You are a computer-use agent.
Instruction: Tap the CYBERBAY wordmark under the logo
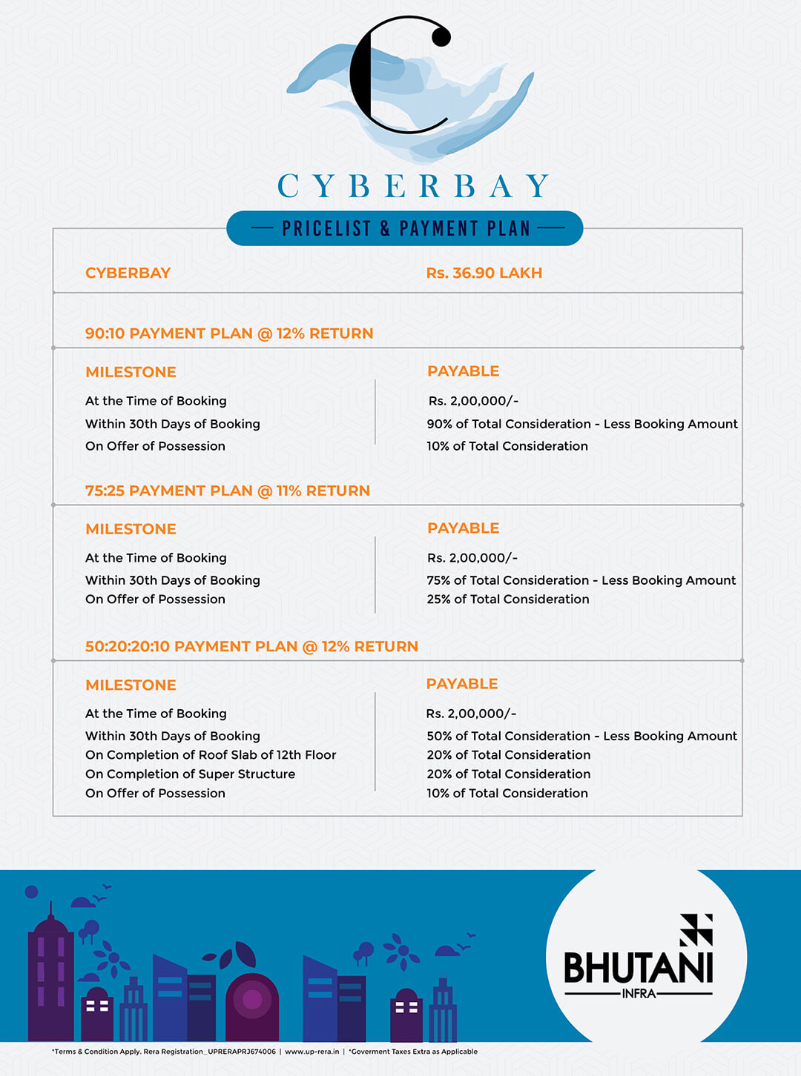click(x=413, y=186)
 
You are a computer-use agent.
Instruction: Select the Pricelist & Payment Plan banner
click(x=405, y=228)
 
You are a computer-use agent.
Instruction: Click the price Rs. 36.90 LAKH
click(x=484, y=273)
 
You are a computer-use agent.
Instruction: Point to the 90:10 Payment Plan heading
click(x=229, y=333)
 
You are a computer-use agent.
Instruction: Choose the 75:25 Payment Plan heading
click(x=228, y=491)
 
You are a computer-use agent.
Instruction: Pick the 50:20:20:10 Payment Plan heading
click(x=251, y=646)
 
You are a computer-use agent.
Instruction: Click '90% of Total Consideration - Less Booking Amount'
click(x=582, y=424)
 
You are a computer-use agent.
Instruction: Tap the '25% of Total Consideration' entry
click(x=508, y=599)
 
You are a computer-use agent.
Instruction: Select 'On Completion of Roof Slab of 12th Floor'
click(x=211, y=754)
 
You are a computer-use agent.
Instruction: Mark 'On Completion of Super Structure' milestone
click(x=190, y=774)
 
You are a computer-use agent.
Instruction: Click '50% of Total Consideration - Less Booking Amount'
click(x=582, y=736)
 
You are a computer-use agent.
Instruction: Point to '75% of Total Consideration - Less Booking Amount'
click(x=581, y=580)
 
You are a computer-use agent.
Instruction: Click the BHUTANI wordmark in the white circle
click(x=639, y=967)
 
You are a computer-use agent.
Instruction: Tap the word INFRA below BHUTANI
click(x=639, y=994)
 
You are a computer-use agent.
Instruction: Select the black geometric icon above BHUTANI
click(x=696, y=929)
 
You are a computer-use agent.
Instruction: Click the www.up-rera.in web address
click(x=311, y=1052)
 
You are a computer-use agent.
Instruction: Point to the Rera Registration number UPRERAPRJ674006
click(x=242, y=1052)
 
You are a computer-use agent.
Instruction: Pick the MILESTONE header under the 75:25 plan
click(x=131, y=529)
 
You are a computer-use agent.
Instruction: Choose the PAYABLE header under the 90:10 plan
click(x=463, y=371)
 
